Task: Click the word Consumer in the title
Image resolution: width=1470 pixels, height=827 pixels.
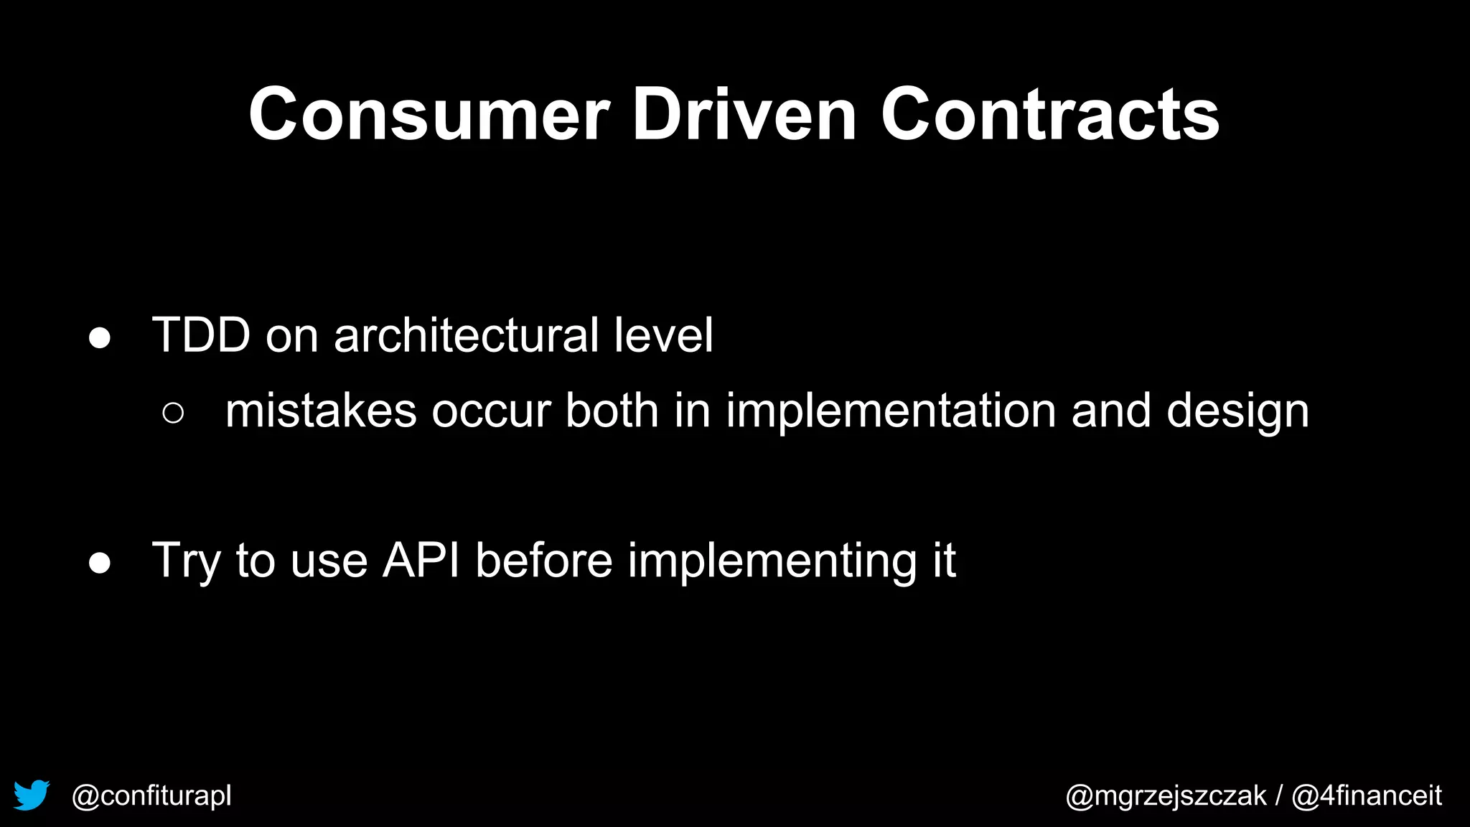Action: click(429, 115)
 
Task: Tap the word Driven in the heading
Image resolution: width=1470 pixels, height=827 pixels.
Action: click(744, 115)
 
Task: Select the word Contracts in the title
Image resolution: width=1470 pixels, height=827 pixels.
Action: click(1049, 115)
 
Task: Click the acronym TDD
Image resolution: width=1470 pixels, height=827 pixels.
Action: click(201, 335)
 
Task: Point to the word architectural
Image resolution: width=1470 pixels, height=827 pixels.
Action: click(467, 335)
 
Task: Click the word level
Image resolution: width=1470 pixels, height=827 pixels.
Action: click(663, 335)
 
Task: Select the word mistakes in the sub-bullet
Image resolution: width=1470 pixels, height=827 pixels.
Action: click(321, 411)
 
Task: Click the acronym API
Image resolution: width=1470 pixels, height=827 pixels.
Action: click(421, 560)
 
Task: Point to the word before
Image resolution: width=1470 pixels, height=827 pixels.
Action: click(544, 560)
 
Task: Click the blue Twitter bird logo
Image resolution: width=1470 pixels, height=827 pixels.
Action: click(32, 795)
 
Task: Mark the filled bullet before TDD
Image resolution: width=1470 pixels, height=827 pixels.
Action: click(100, 338)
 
